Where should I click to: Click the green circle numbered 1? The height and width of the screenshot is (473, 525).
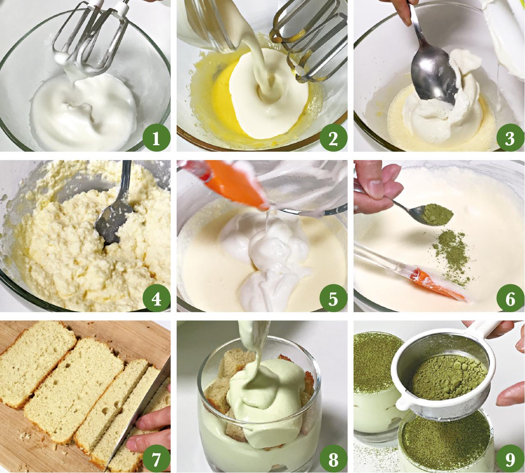click(156, 138)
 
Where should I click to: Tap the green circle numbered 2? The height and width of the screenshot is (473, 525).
click(333, 138)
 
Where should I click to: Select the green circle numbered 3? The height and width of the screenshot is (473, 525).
click(510, 138)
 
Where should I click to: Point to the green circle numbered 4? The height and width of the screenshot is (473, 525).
click(156, 298)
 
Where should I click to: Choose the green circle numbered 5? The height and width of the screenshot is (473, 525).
click(333, 298)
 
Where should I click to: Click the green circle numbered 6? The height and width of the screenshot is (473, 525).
click(510, 298)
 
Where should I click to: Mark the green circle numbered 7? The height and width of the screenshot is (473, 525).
click(156, 459)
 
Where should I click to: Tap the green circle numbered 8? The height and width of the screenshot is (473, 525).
click(333, 459)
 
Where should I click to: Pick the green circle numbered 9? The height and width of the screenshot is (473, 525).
click(510, 459)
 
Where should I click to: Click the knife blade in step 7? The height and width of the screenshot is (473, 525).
click(139, 414)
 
